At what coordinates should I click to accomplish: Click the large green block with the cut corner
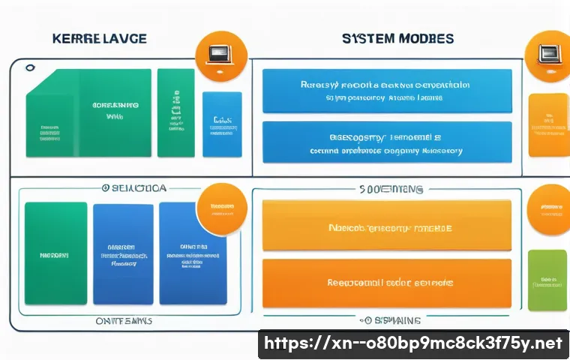pos(88,113)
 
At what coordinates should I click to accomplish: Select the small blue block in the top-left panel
pos(222,124)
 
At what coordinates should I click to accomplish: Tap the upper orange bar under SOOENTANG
pos(387,225)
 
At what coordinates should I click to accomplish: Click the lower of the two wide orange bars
pos(387,283)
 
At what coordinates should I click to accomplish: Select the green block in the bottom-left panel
pos(56,253)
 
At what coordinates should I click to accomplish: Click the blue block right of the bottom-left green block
pos(123,253)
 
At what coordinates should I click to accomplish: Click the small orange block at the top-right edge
pos(548,125)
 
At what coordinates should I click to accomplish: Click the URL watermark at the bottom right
pos(413,344)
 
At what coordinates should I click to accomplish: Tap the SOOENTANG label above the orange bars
pos(391,190)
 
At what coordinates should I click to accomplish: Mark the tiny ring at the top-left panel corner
pos(30,68)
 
